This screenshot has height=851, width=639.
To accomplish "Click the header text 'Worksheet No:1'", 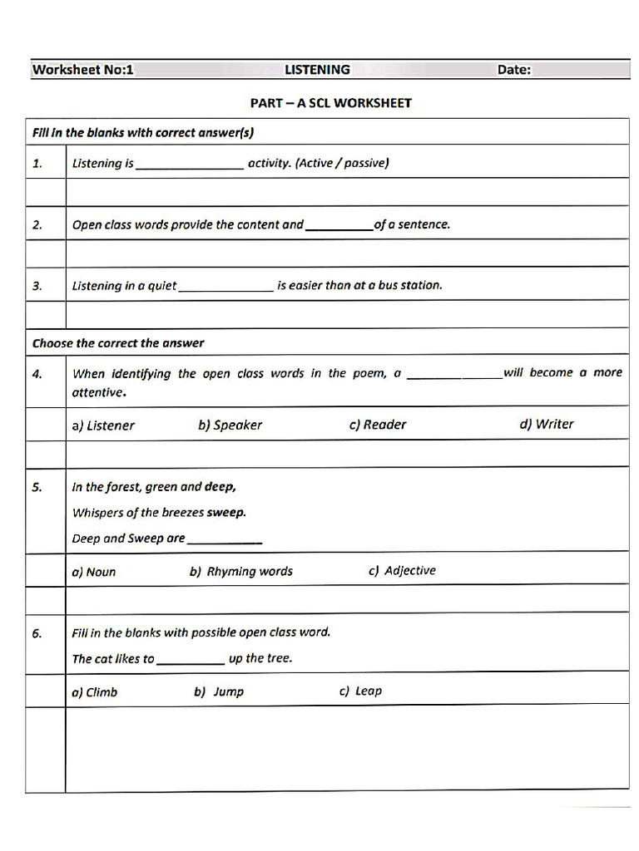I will click(82, 70).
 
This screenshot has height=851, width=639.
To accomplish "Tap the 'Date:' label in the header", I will click(513, 70).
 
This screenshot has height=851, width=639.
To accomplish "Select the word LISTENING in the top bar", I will click(317, 70).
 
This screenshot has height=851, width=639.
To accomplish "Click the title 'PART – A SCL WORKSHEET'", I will click(330, 103).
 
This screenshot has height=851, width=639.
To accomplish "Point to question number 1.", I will click(37, 164).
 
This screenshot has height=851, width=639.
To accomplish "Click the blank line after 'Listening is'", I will click(190, 165).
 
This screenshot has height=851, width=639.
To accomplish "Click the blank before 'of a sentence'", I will click(339, 227).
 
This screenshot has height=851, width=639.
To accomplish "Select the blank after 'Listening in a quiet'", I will click(226, 288).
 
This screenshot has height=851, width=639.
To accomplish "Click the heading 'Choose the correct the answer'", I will click(117, 343).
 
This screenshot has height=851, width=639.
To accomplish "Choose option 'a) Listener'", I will click(103, 425).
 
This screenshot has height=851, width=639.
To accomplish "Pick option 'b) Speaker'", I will click(230, 425).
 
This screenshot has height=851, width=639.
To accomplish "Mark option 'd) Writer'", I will click(547, 424).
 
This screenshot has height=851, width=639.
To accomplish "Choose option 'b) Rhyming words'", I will click(241, 572).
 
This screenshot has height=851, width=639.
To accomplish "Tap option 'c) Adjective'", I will click(401, 571).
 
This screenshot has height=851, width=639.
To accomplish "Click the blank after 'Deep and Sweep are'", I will click(225, 541).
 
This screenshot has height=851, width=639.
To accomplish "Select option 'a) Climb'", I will click(95, 692).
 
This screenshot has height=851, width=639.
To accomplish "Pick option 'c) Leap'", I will click(360, 691).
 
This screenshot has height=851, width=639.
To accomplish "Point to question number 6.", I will click(37, 634).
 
